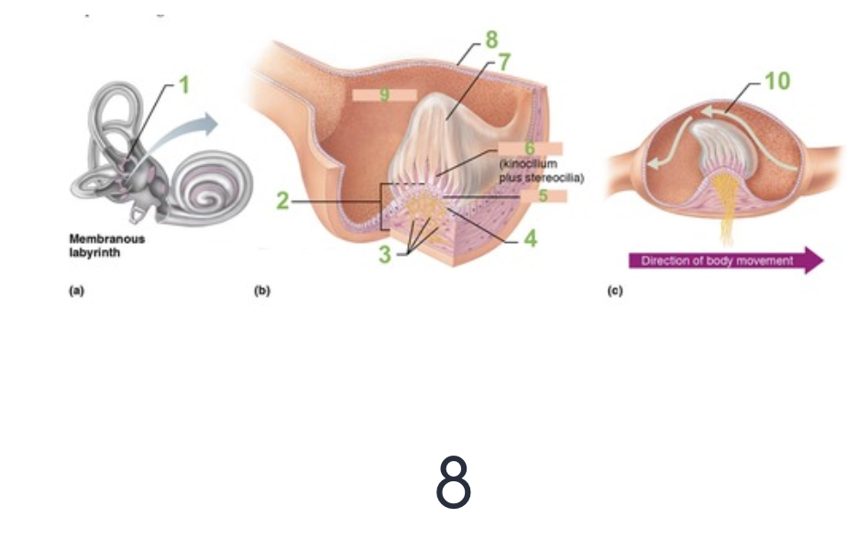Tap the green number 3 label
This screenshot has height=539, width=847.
[386, 254]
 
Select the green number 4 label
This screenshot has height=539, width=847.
[530, 239]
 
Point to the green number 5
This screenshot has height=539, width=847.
[543, 194]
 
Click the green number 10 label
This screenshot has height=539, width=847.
[776, 82]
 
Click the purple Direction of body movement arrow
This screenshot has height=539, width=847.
[725, 260]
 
